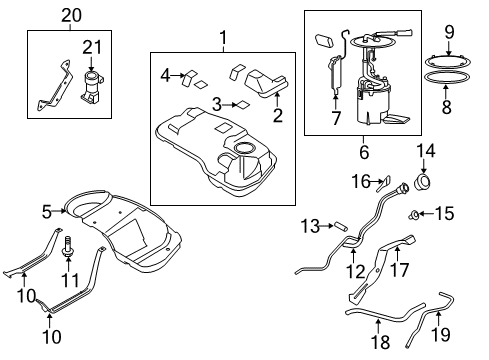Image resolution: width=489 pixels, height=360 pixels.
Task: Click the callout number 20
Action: pyautogui.click(x=71, y=16)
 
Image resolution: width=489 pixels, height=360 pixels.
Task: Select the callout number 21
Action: pyautogui.click(x=92, y=48)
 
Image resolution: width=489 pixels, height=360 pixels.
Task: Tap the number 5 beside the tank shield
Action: pyautogui.click(x=47, y=212)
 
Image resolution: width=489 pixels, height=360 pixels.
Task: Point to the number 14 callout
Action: pyautogui.click(x=426, y=151)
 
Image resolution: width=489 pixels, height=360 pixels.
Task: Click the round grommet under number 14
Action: pyautogui.click(x=422, y=182)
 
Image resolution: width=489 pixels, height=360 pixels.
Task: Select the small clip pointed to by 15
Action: pyautogui.click(x=414, y=215)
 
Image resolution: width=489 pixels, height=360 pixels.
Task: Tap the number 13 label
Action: pyautogui.click(x=310, y=226)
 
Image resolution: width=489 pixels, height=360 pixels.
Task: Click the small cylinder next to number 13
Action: pyautogui.click(x=341, y=226)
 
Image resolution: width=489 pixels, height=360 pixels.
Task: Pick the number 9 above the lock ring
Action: pyautogui.click(x=449, y=32)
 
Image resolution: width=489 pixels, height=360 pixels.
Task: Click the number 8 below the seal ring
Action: pyautogui.click(x=447, y=107)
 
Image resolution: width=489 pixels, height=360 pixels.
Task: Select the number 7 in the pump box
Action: pyautogui.click(x=336, y=118)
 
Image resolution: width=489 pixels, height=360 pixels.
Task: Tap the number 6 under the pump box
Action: pyautogui.click(x=364, y=152)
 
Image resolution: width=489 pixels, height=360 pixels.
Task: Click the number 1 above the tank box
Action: pyautogui.click(x=223, y=38)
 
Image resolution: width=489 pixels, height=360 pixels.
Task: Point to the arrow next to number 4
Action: pyautogui.click(x=178, y=76)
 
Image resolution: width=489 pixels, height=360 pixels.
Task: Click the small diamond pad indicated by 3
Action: pyautogui.click(x=242, y=105)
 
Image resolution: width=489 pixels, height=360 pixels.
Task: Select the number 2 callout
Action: pyautogui.click(x=278, y=115)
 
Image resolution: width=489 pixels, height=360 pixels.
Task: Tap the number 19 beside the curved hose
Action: pyautogui.click(x=441, y=334)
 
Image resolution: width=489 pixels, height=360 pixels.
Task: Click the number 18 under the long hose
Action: pyautogui.click(x=381, y=342)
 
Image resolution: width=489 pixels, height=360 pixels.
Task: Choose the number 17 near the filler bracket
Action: pyautogui.click(x=399, y=270)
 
